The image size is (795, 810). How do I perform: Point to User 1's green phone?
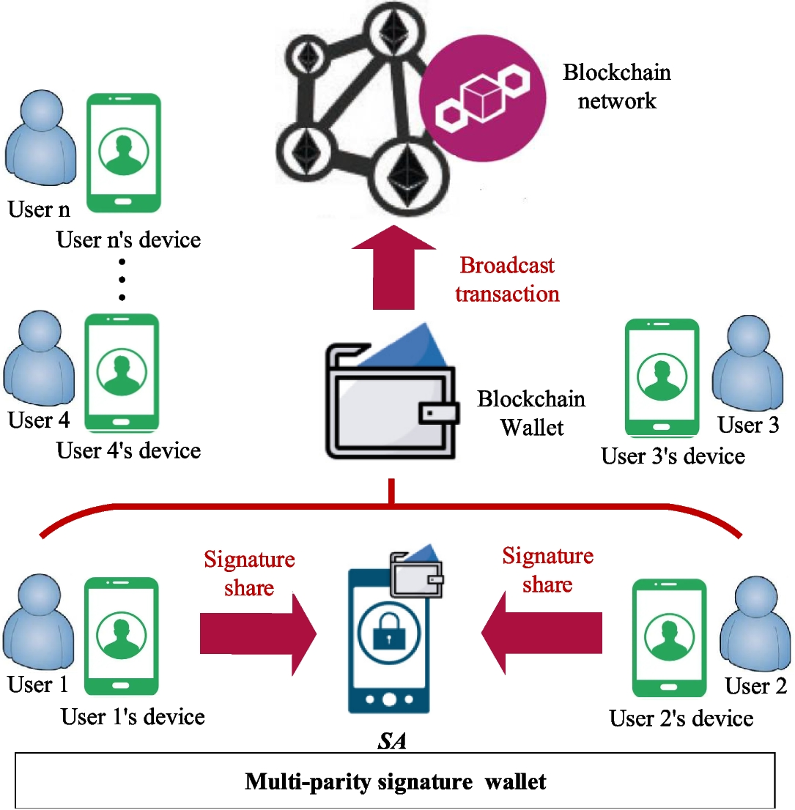point(122,636)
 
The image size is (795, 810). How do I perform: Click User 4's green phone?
point(122,372)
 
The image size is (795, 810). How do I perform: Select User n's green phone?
point(122,152)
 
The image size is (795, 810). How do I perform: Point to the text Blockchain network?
point(616,86)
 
